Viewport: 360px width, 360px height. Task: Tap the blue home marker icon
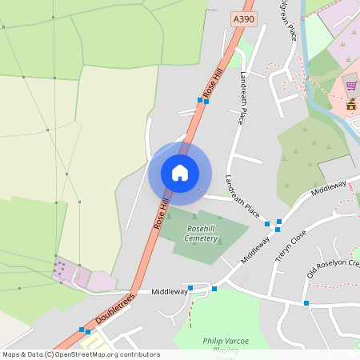pos(180,172)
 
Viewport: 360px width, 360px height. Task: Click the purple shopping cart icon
pos(350,86)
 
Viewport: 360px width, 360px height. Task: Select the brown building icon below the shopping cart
pos(350,105)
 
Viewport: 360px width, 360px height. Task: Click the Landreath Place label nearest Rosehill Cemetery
pos(242,197)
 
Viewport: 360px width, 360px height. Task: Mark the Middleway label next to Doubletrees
pos(169,292)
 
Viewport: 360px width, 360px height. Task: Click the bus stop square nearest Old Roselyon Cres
pos(306,302)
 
